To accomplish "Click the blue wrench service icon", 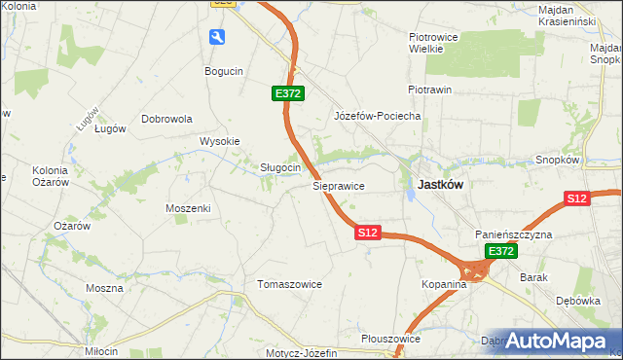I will click(217, 37).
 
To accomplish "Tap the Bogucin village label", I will click(223, 71).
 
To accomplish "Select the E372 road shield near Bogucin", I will click(288, 93).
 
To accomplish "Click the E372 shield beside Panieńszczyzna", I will click(500, 251).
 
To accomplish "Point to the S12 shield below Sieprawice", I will click(367, 234).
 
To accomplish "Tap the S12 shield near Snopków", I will click(577, 198).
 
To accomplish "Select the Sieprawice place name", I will click(338, 185).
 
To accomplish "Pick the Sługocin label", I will click(279, 167).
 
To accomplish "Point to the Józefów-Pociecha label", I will click(377, 116).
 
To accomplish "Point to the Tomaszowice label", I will click(288, 284).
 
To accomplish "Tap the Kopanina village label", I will click(445, 284).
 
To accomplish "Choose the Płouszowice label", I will click(389, 339).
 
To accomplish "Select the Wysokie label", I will click(219, 141).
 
